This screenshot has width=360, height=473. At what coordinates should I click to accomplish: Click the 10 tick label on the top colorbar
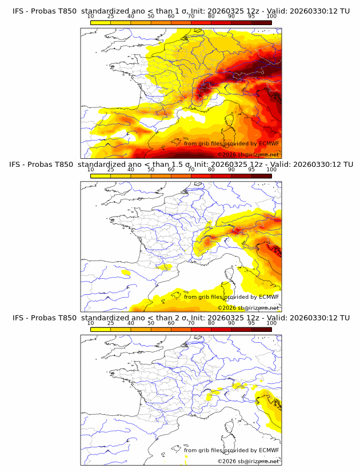click(90, 15)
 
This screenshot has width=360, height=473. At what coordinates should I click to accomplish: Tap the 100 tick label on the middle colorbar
click(271, 170)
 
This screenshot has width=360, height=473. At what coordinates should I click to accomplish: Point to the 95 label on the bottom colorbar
click(251, 323)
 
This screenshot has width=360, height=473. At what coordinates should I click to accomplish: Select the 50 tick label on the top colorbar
click(151, 15)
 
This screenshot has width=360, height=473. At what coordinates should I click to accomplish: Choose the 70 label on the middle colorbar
click(191, 170)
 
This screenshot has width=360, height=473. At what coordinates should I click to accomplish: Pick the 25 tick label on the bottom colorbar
click(110, 323)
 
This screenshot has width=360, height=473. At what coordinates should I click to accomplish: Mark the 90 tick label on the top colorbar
click(231, 15)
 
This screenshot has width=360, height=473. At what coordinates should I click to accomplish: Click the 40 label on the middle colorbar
click(131, 170)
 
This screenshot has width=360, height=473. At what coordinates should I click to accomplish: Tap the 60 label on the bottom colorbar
click(171, 323)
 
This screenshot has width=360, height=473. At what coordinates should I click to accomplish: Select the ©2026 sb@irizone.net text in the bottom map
click(249, 461)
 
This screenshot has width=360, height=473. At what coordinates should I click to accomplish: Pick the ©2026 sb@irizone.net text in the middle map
click(249, 308)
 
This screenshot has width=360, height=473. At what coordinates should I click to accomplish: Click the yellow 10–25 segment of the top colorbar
click(101, 22)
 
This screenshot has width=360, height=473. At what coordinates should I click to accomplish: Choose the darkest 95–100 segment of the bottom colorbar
click(262, 329)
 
